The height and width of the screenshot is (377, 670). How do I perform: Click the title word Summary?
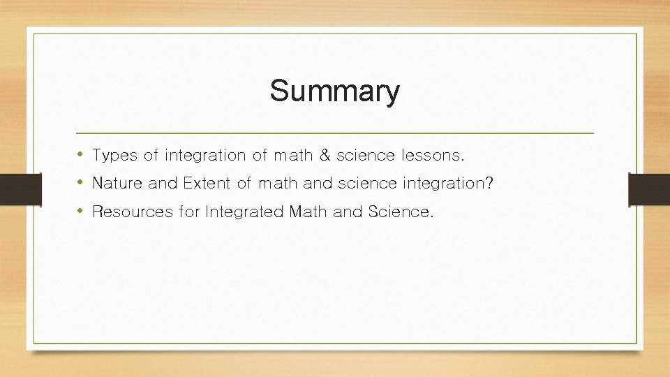335,91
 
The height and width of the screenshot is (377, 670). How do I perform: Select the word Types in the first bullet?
114,156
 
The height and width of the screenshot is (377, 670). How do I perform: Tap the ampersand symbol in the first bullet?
324,155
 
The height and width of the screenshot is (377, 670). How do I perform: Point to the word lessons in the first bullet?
435,155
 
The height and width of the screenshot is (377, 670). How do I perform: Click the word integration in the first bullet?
205,156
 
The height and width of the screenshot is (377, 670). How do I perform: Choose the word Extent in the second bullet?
207,184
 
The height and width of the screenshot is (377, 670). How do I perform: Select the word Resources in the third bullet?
132,212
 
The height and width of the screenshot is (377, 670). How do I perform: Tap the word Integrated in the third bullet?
244,212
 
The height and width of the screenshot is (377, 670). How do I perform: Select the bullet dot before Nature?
82,183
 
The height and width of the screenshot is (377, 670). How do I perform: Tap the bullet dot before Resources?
82,211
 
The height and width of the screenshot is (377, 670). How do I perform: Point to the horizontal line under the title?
335,132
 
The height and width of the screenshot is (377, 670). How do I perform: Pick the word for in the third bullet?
189,212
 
